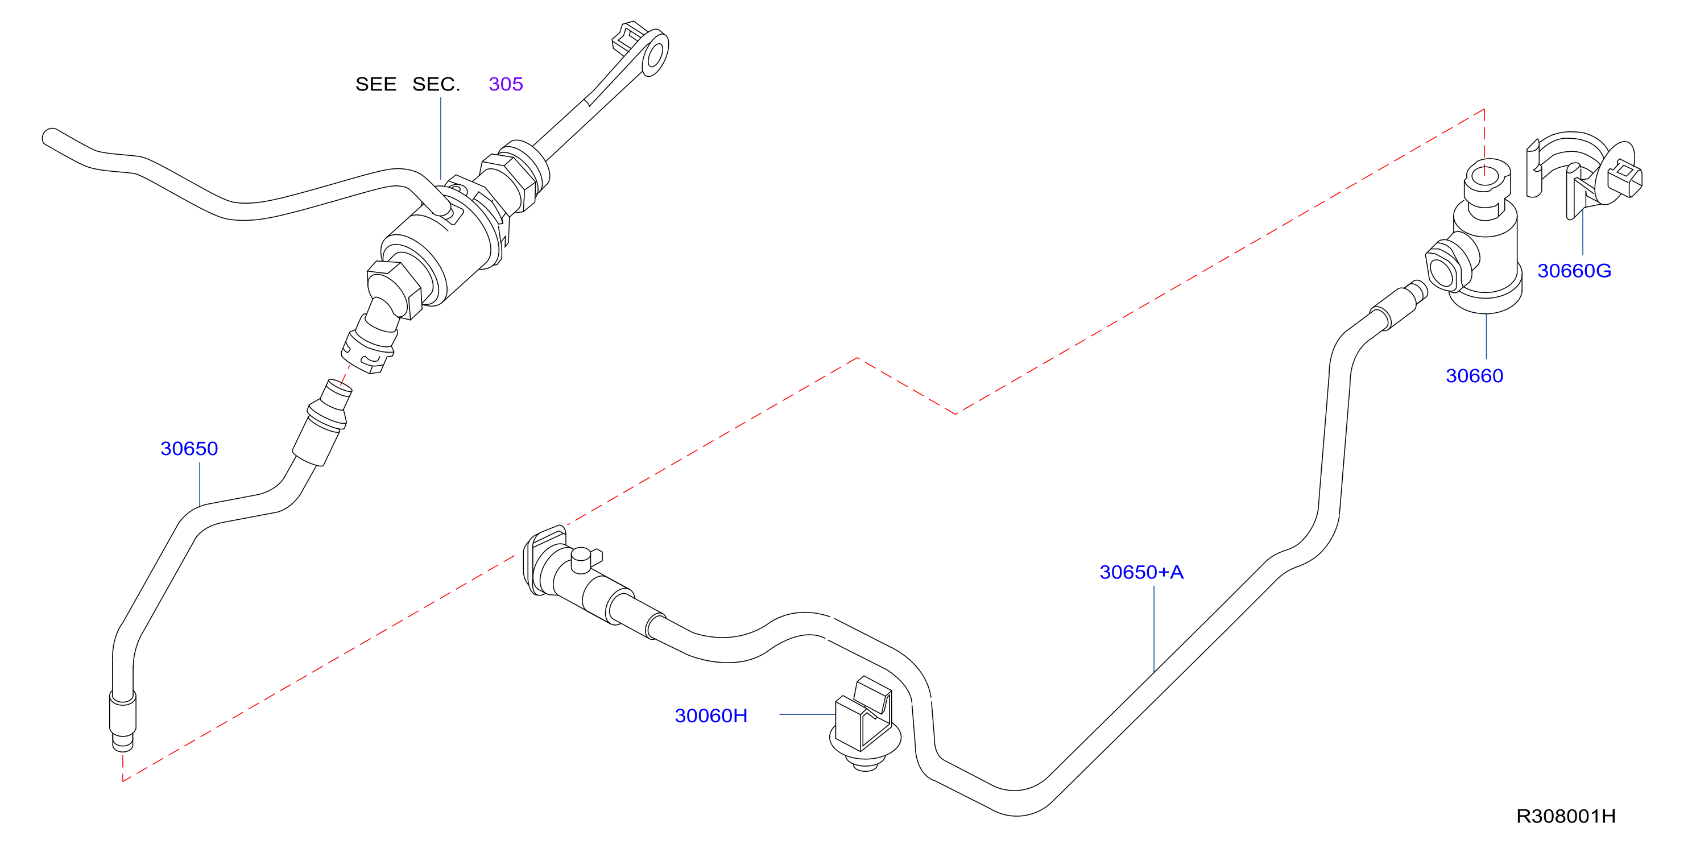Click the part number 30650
tap(189, 449)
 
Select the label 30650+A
tap(1141, 572)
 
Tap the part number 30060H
tap(711, 715)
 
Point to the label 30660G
tap(1574, 271)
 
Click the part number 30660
tap(1474, 376)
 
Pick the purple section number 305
tap(506, 84)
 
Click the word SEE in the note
tap(376, 84)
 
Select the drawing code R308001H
tap(1566, 816)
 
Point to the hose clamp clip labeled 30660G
tap(1583, 176)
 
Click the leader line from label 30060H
tap(807, 714)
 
